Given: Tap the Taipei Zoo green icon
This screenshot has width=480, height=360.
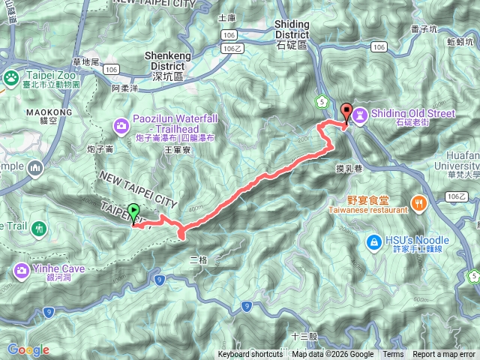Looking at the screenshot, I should [x=12, y=77].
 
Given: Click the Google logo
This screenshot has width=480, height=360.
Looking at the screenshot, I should [x=28, y=349].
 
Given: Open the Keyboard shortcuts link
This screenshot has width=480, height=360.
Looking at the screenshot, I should [x=250, y=355].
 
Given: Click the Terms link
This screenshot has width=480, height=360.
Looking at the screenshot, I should [x=393, y=355].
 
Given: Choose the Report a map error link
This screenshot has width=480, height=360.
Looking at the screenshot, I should [x=444, y=355].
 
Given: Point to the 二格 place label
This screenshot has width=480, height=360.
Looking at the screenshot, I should [x=198, y=259].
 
